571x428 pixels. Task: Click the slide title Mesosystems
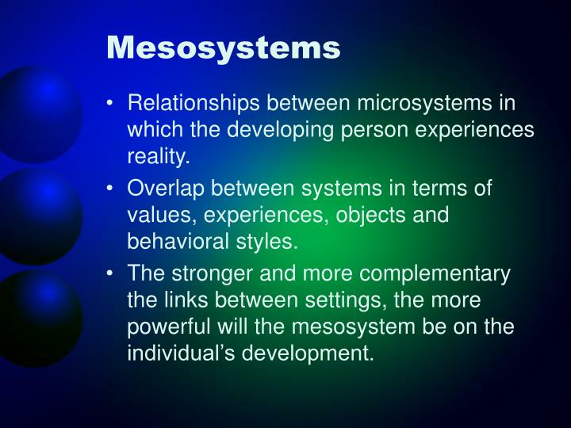[x=224, y=48]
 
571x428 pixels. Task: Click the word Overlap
[x=163, y=189]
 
